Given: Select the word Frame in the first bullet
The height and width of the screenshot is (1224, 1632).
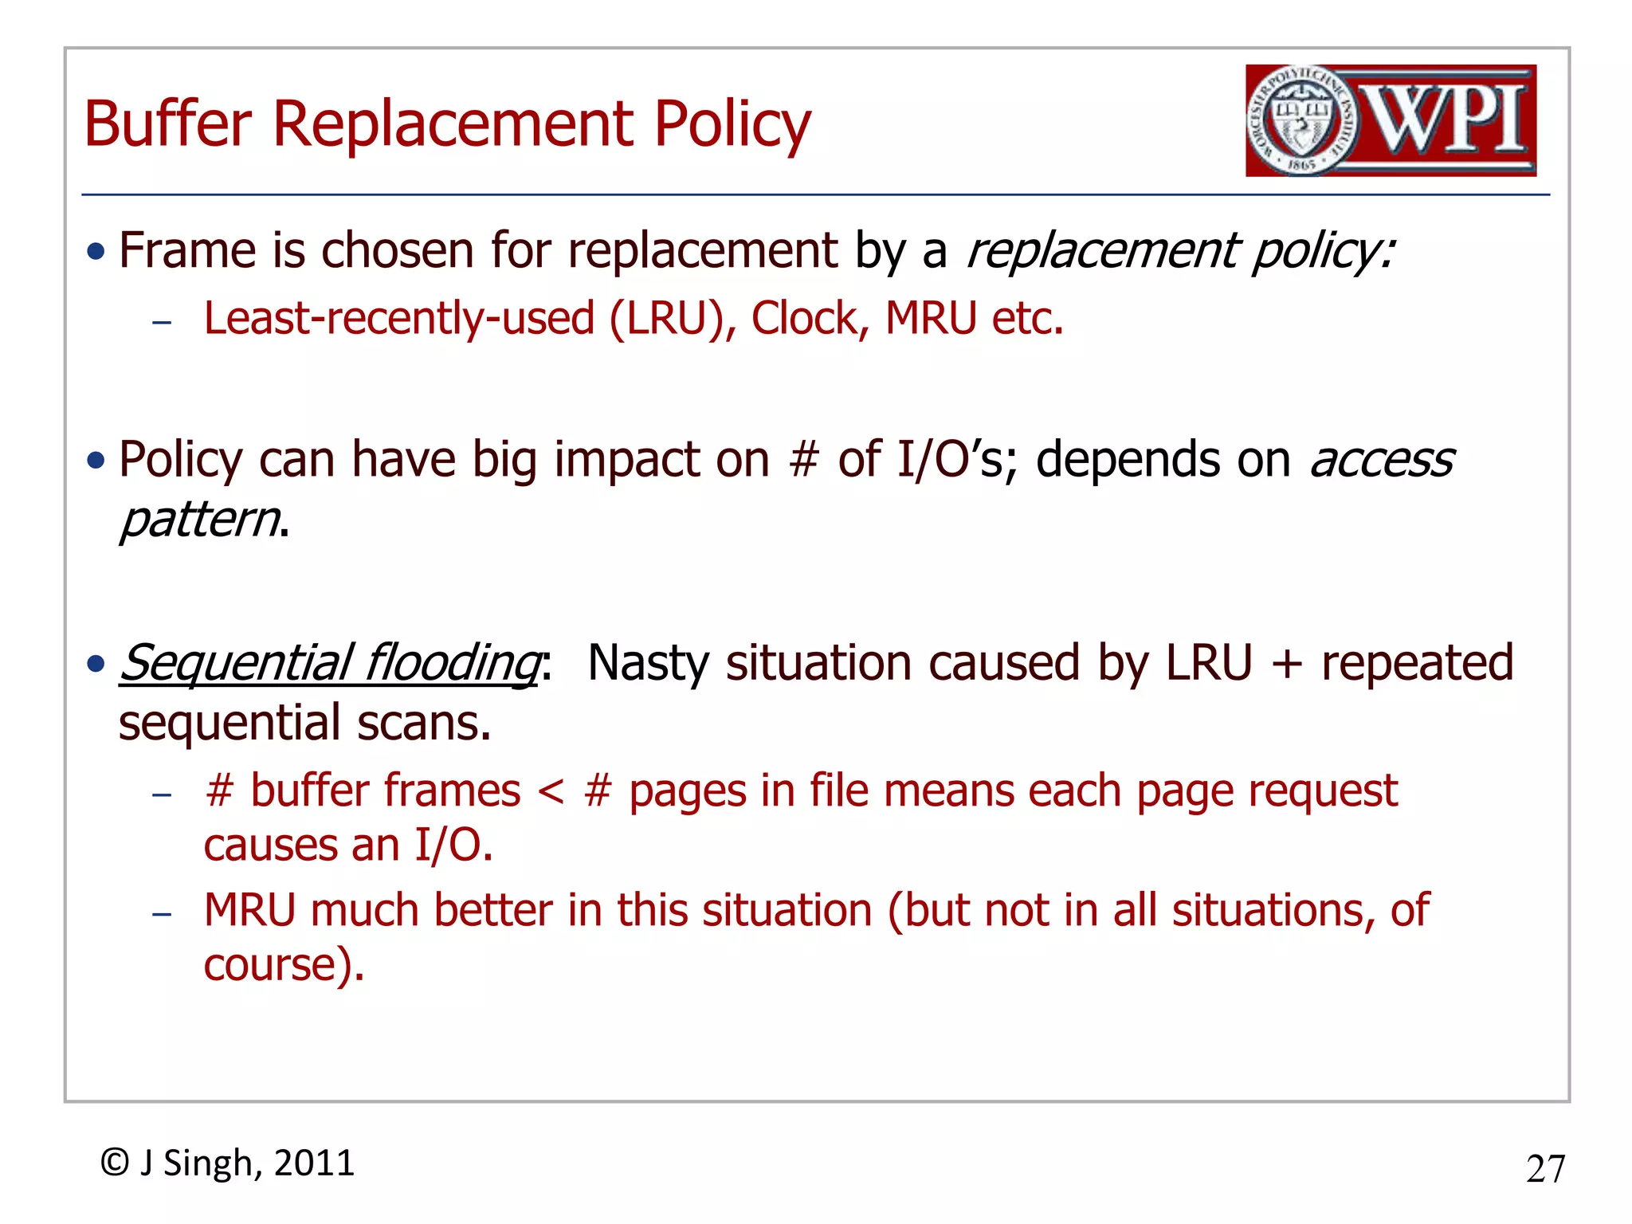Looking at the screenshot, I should [x=186, y=250].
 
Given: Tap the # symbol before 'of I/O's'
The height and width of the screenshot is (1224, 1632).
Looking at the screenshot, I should [x=804, y=460].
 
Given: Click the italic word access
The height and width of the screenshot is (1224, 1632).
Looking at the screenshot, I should [x=1382, y=460].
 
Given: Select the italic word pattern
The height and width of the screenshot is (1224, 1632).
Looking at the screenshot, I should [x=199, y=520].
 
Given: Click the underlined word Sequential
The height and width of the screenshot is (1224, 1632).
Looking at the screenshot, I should [x=236, y=663].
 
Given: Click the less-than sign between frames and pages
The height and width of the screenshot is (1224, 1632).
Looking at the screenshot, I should [x=551, y=791].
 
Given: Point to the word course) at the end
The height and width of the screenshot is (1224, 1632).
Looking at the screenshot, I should [x=283, y=965].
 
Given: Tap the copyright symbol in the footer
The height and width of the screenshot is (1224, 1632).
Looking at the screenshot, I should [x=115, y=1163].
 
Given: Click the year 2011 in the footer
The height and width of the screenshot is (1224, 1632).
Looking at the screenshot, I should [x=314, y=1163].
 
